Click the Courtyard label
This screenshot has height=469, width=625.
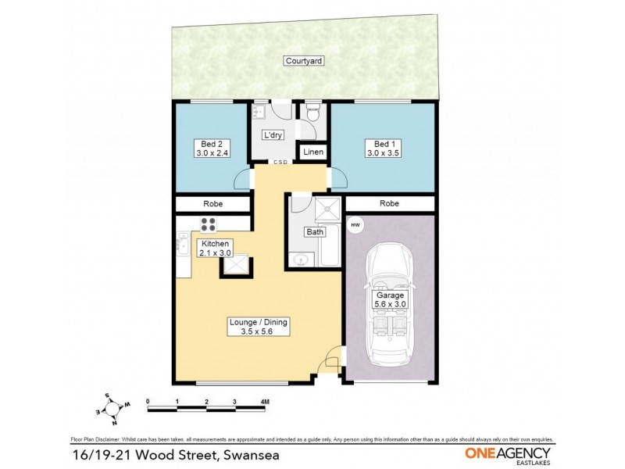pos(304,60)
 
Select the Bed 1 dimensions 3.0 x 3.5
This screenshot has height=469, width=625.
pos(382,154)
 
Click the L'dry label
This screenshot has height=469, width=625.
pos(272,134)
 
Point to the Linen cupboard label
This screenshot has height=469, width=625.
pos(312,152)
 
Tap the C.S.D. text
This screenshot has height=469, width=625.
pos(281,163)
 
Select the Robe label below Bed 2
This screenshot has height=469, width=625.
pos(212,203)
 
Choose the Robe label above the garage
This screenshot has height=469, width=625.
pos(389,203)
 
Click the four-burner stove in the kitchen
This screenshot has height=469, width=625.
pos(209,224)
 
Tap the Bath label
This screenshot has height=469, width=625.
pos(314,232)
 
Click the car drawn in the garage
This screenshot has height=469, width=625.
pos(388,305)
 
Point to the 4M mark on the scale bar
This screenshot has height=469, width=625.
pos(266,402)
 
